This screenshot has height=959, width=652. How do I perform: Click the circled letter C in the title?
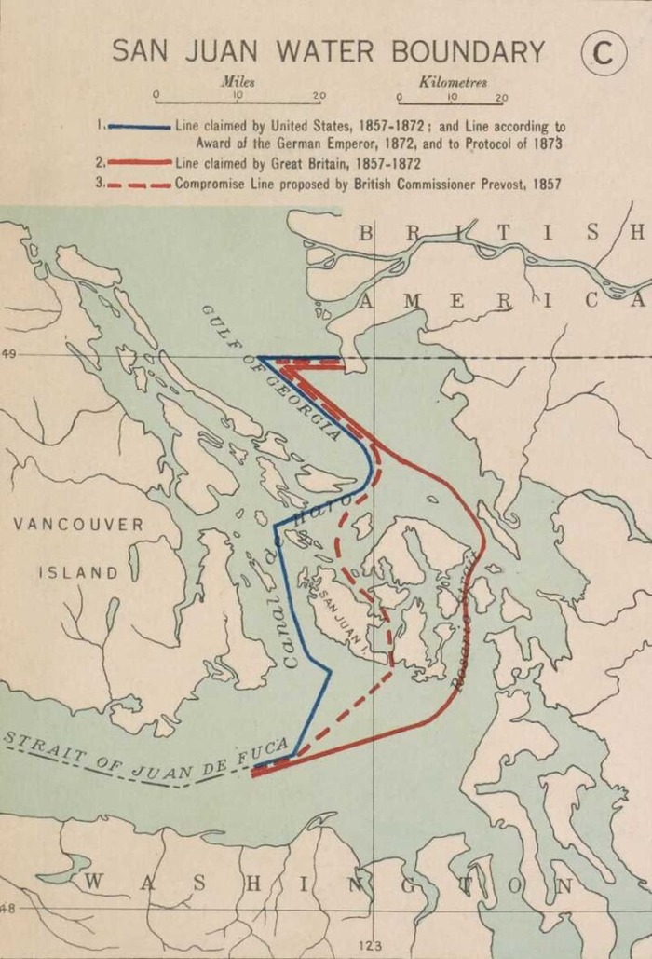603,52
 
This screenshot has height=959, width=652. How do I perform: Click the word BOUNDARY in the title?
468,51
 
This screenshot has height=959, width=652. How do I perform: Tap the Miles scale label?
238,82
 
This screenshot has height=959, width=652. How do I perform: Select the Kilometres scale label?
453,82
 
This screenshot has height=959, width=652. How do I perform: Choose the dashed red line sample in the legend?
139,185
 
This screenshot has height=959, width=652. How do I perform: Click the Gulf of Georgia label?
270,373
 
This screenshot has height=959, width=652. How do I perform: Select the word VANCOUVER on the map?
79,525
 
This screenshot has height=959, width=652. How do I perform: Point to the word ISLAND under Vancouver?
78,572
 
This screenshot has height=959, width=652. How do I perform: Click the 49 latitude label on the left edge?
8,354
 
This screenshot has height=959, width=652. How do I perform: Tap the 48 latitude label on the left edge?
8,908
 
